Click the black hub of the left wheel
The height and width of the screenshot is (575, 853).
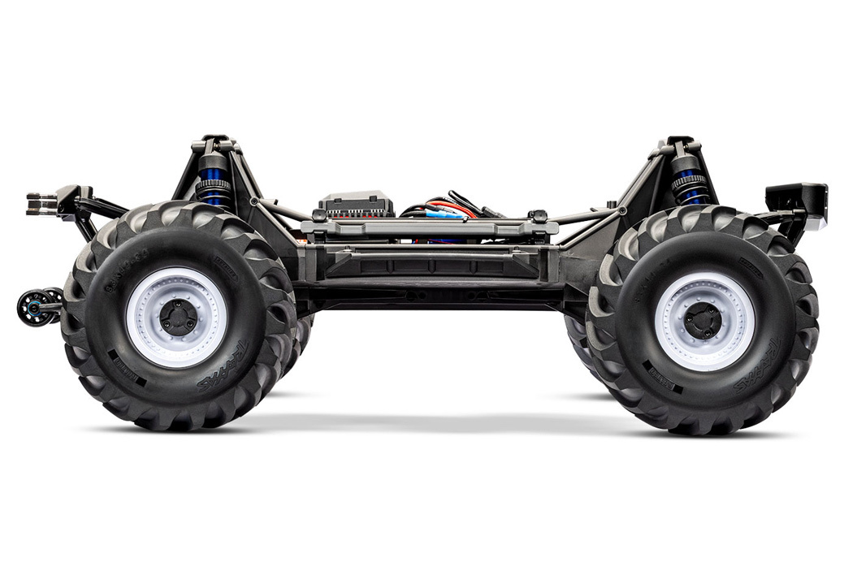coord(178,318)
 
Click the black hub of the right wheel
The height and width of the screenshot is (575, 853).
coord(703,322)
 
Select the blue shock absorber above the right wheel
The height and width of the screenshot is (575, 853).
coord(691,184)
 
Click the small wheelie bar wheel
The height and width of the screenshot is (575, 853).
coord(34,307)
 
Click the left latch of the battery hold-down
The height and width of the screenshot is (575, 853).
coord(318,217)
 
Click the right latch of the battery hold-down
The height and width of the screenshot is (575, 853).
coord(536,217)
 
